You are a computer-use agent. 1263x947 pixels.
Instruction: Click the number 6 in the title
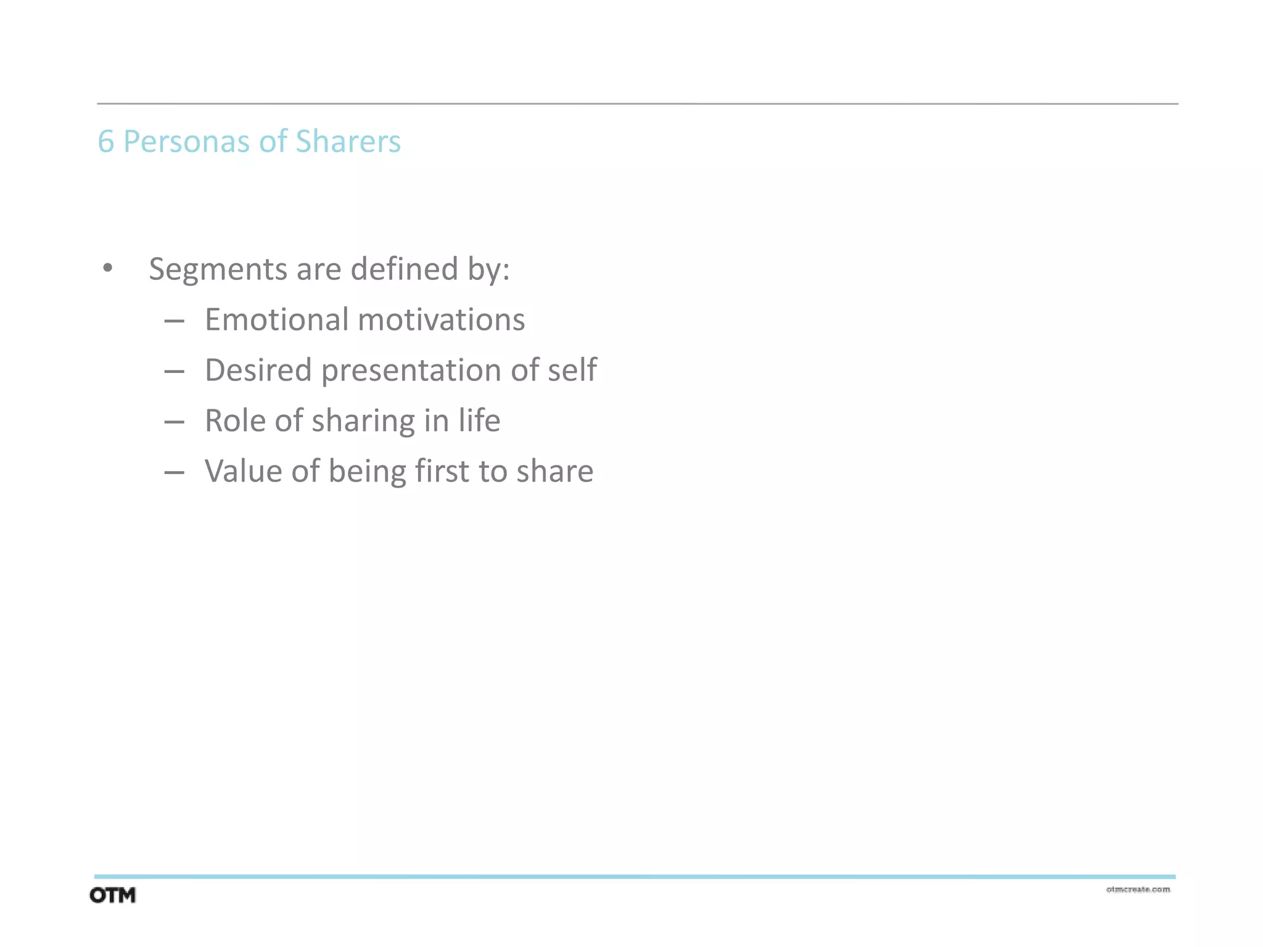pyautogui.click(x=105, y=141)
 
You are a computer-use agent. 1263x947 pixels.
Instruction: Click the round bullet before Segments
pyautogui.click(x=108, y=268)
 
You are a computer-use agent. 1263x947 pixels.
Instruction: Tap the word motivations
pyautogui.click(x=441, y=319)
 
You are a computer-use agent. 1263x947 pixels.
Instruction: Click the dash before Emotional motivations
pyautogui.click(x=175, y=321)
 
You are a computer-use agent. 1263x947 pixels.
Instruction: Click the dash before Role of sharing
pyautogui.click(x=175, y=422)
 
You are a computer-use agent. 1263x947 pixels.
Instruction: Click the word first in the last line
pyautogui.click(x=442, y=471)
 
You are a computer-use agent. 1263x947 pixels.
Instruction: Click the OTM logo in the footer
pyautogui.click(x=112, y=895)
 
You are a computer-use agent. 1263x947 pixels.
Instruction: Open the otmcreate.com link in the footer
pyautogui.click(x=1138, y=889)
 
